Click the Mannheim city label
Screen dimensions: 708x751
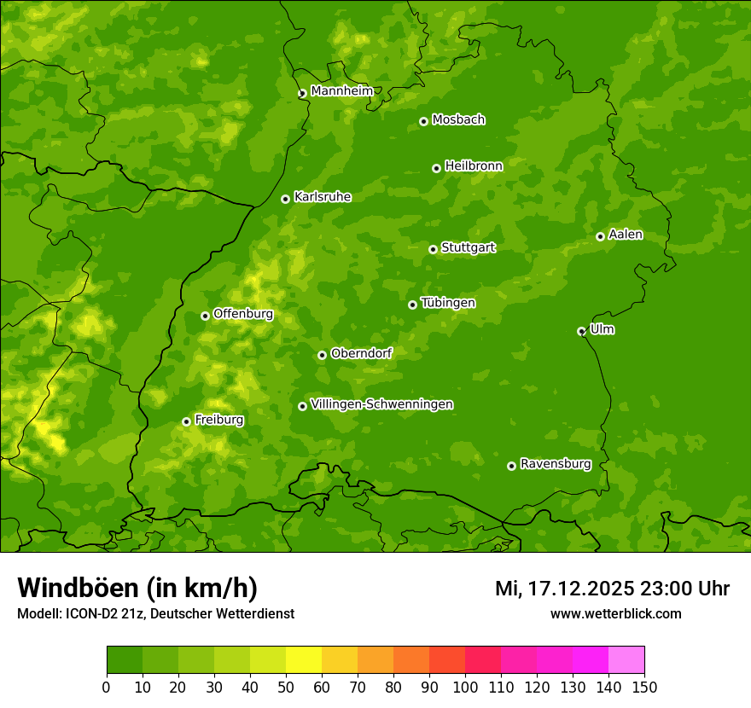[341, 91]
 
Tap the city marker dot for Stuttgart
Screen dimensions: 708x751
[433, 249]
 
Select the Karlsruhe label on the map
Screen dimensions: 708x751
[322, 197]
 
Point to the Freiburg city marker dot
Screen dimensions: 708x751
[186, 421]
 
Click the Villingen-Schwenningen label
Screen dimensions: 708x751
[381, 404]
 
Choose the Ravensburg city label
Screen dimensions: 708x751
[555, 464]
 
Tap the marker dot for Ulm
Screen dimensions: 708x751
[581, 331]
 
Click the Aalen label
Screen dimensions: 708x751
[625, 235]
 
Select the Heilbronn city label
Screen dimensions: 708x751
[473, 166]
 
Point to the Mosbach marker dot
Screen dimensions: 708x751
[423, 121]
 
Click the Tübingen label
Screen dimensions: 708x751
[447, 303]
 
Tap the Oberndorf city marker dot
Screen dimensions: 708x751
[322, 355]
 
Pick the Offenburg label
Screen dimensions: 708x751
[242, 314]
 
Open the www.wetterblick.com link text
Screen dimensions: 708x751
[615, 613]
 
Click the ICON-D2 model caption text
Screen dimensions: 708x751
[155, 613]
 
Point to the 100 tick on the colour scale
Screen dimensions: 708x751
[465, 687]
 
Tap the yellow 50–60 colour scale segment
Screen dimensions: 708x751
[304, 660]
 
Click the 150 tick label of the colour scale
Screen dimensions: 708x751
[644, 687]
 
